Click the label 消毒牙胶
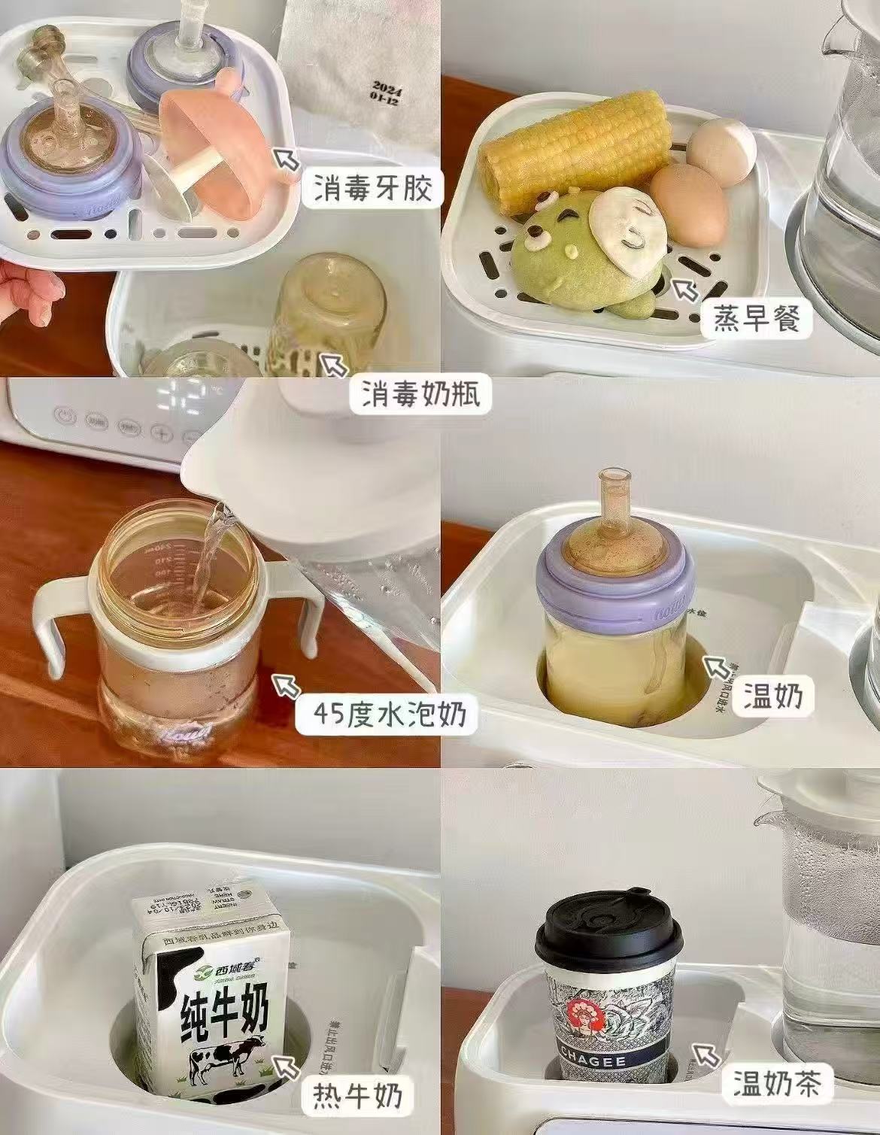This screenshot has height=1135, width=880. (x=369, y=188)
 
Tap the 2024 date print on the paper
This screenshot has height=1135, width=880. (x=384, y=90)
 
